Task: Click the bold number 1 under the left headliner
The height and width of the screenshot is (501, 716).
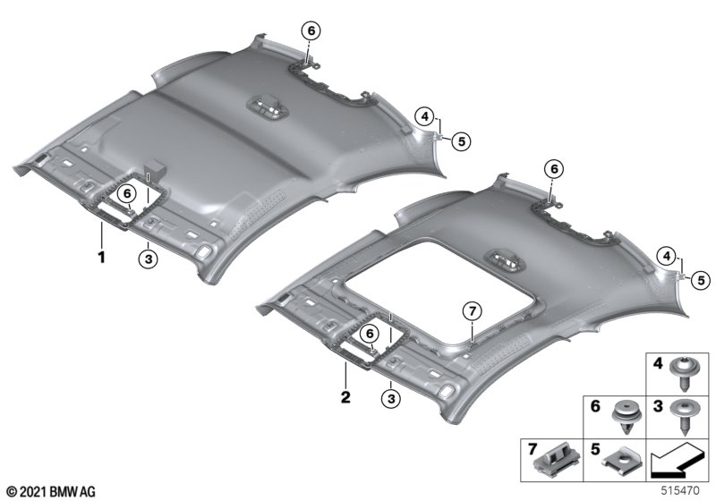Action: tap(101, 257)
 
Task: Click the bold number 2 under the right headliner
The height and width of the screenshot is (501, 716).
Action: tap(345, 397)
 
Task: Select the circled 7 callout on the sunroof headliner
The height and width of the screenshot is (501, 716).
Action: tap(473, 311)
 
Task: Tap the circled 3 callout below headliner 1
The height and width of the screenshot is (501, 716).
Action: tap(148, 259)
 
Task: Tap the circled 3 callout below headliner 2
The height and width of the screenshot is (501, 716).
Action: tap(391, 399)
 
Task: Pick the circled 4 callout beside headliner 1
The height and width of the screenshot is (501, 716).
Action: tap(424, 117)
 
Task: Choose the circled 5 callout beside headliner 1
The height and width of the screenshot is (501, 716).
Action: tap(461, 141)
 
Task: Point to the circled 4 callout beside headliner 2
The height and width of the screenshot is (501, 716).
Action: tap(667, 257)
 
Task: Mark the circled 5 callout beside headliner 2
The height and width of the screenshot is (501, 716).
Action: tap(701, 280)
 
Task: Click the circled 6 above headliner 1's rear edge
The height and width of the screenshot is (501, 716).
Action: tap(311, 31)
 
